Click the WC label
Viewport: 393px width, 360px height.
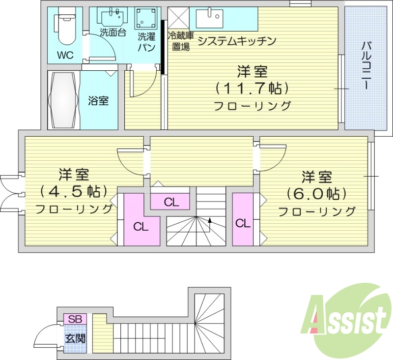(x=65, y=55)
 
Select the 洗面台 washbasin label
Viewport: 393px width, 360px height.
(x=113, y=33)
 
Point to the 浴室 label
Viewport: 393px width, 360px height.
(x=98, y=101)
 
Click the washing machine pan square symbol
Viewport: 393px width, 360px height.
(x=146, y=19)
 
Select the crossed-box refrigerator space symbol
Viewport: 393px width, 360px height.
(x=178, y=19)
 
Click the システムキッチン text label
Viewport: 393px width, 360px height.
(x=236, y=41)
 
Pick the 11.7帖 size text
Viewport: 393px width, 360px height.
(x=251, y=89)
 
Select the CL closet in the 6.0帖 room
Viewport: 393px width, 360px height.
(x=243, y=223)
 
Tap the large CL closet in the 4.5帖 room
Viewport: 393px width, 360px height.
(x=141, y=227)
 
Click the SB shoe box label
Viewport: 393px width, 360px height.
(x=75, y=319)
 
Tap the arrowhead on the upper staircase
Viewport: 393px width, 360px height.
(x=210, y=220)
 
